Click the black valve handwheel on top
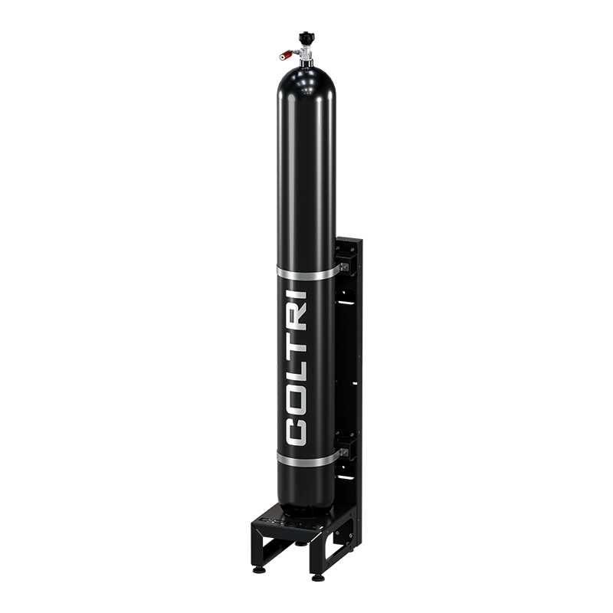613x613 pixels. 307,38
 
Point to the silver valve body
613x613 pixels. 303,51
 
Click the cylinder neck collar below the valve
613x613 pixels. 306,63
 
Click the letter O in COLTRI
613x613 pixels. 296,400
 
